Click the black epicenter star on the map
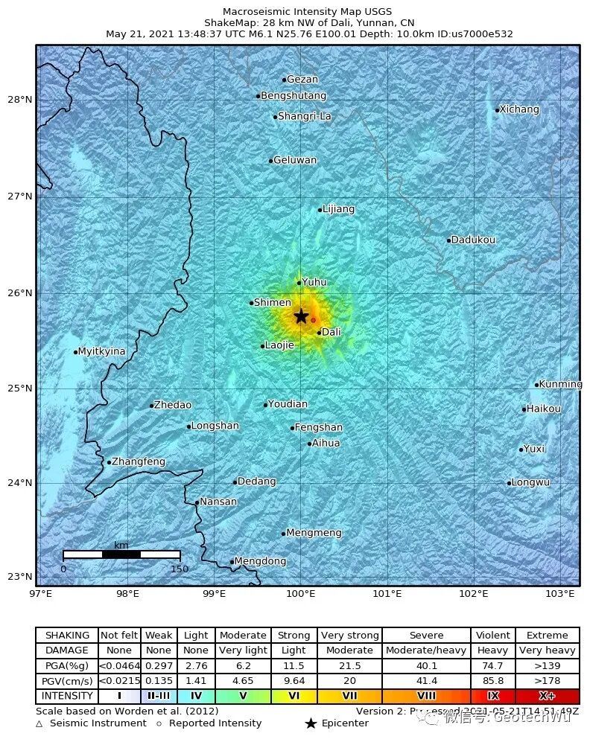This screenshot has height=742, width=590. [x=301, y=316]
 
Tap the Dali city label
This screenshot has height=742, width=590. [x=331, y=332]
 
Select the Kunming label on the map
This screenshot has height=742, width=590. [x=560, y=385]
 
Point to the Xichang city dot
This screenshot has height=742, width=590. [x=497, y=110]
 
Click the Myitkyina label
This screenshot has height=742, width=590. [x=102, y=351]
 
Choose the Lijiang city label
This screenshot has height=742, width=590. [x=339, y=209]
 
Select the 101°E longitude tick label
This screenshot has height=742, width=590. [x=387, y=593]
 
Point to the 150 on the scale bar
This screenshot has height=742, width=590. [x=180, y=569]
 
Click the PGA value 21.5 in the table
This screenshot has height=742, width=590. [x=349, y=665]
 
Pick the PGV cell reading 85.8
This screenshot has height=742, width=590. [x=492, y=681]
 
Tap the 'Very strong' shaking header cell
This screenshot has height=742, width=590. [x=349, y=636]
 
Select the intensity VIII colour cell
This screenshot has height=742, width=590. [x=426, y=697]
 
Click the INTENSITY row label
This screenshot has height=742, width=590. [x=67, y=697]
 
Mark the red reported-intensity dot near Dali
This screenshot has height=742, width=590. [x=313, y=320]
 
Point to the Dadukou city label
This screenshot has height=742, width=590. [x=473, y=240]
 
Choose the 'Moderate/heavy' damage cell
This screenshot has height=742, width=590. [x=426, y=650]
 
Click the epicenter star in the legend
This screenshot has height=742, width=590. [x=311, y=723]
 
